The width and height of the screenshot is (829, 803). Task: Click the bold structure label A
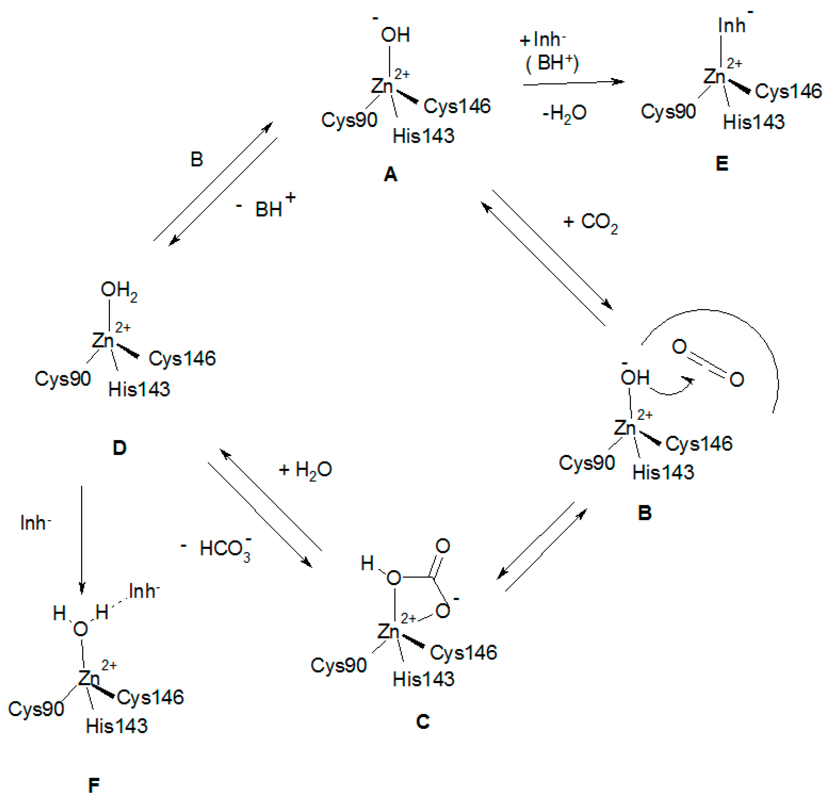coord(390,174)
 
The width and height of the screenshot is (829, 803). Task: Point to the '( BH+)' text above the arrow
coord(552,63)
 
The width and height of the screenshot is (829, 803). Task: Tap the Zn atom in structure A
coord(382,86)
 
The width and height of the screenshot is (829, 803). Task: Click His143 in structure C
coord(423,679)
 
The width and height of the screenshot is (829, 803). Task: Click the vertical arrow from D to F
coord(82,540)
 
